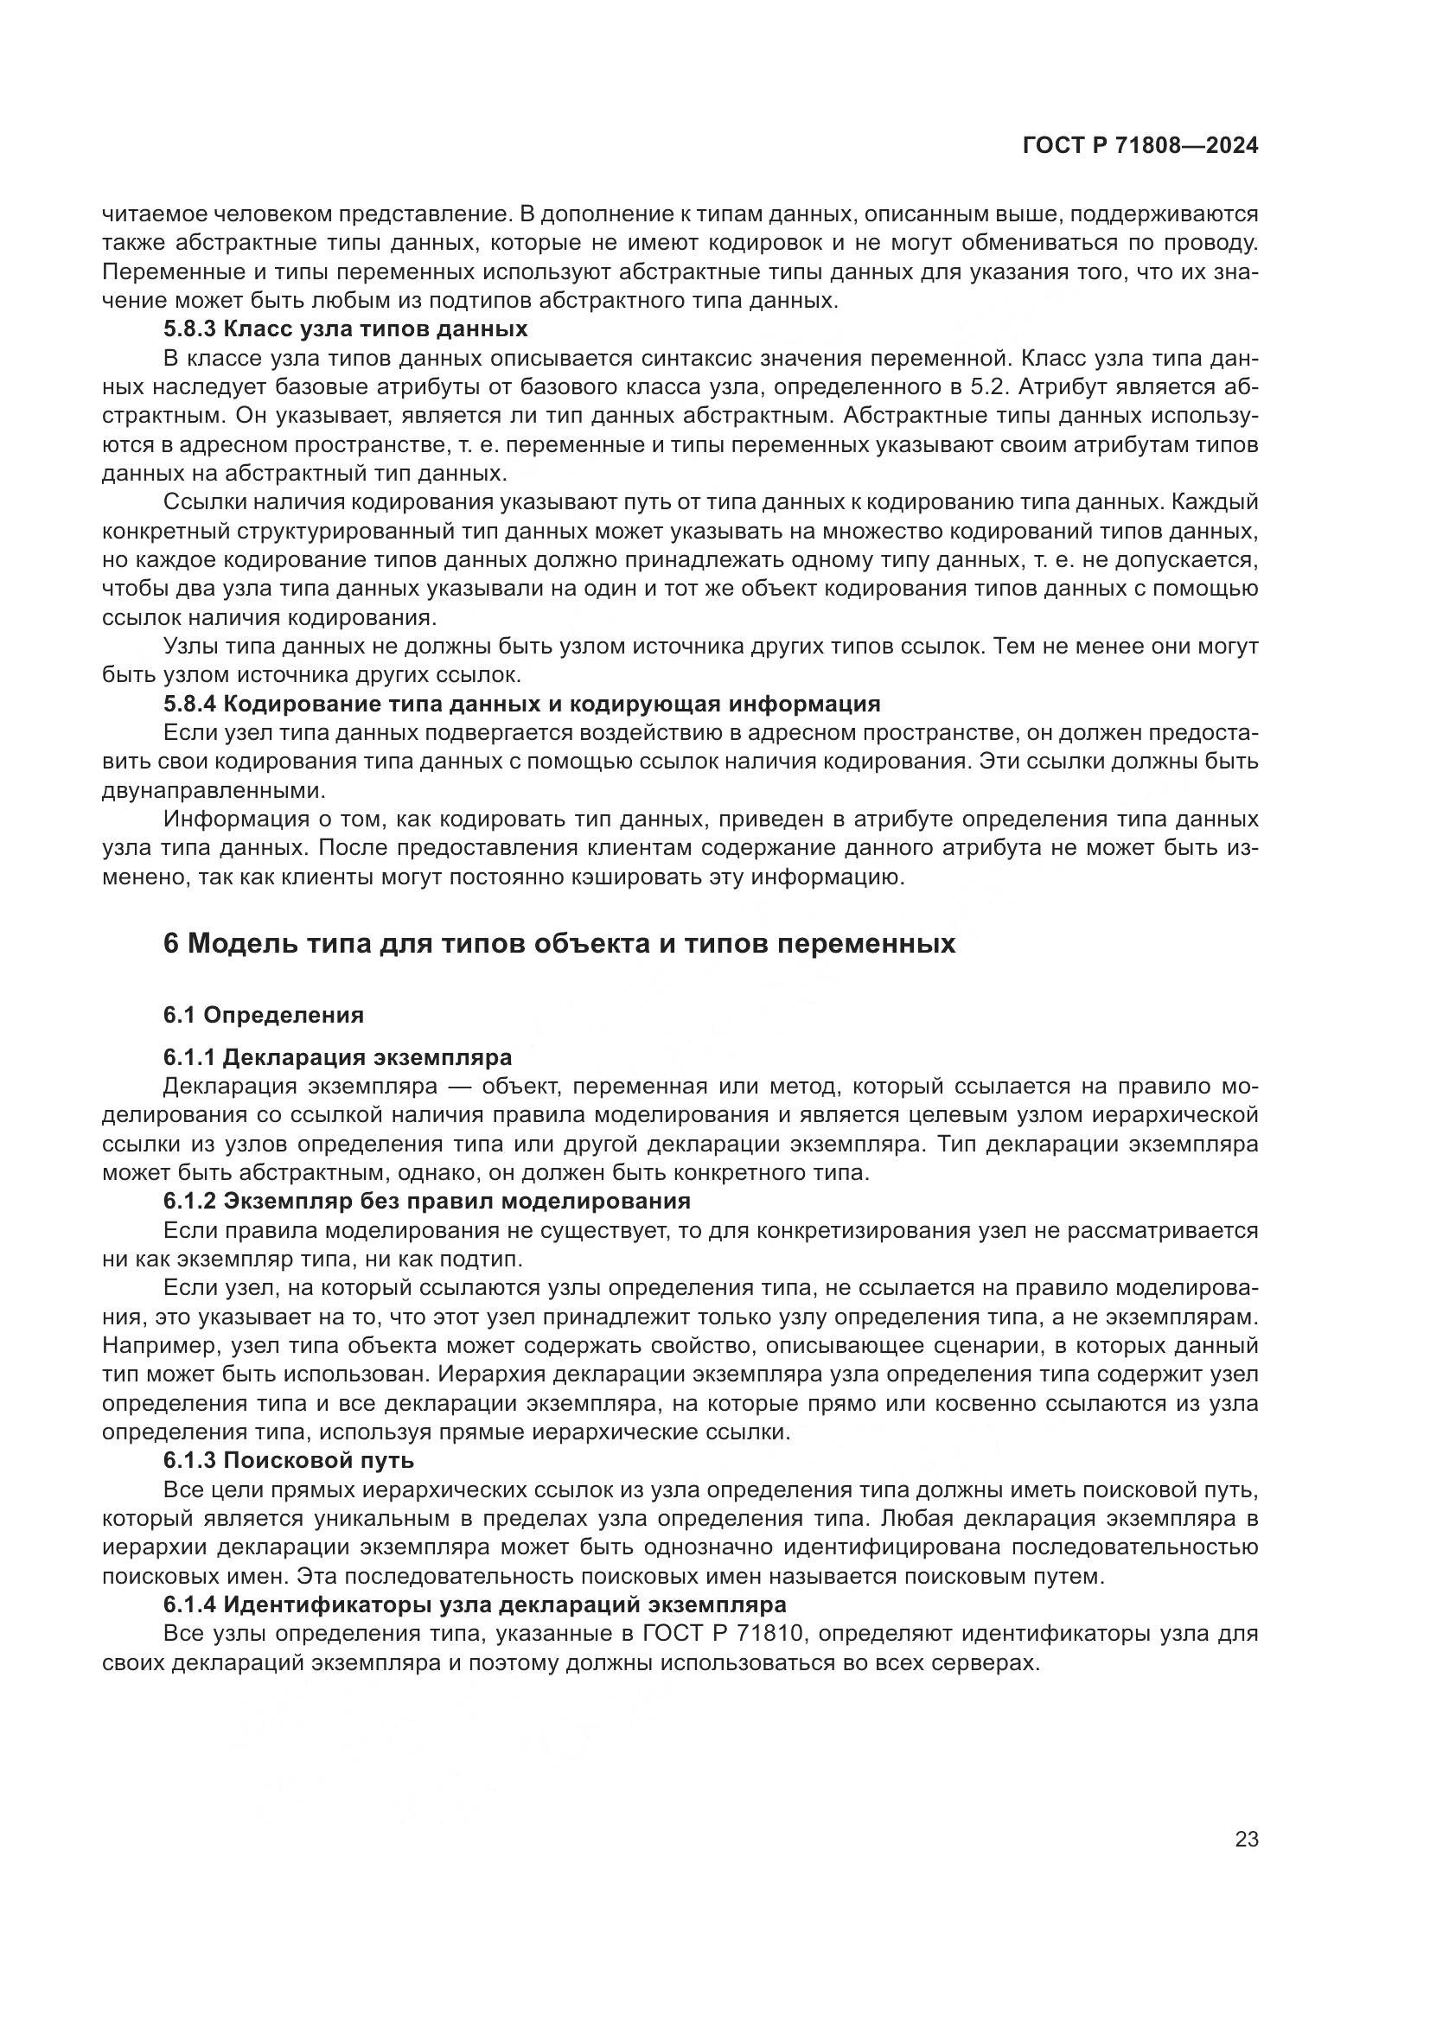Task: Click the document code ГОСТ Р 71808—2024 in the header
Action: pyautogui.click(x=1140, y=146)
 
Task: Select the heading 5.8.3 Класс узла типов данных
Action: pyautogui.click(x=345, y=329)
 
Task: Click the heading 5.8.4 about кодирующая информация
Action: pyautogui.click(x=521, y=704)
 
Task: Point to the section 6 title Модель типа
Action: pyautogui.click(x=559, y=943)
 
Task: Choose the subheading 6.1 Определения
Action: pyautogui.click(x=264, y=1015)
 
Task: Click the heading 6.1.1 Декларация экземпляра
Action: pyautogui.click(x=337, y=1056)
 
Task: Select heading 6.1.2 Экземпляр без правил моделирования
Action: pyautogui.click(x=426, y=1201)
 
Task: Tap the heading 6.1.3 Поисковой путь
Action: pyautogui.click(x=288, y=1460)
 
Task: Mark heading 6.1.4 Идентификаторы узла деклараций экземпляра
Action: pyautogui.click(x=474, y=1604)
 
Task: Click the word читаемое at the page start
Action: pyautogui.click(x=150, y=214)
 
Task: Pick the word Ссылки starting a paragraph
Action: pyautogui.click(x=201, y=502)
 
